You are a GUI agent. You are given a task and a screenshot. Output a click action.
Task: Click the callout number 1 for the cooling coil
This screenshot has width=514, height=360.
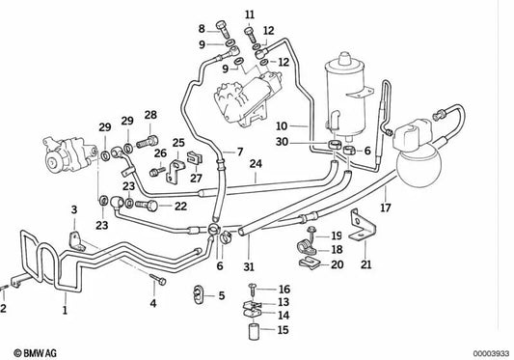65,311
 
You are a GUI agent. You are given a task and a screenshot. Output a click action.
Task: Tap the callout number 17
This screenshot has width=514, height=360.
385,206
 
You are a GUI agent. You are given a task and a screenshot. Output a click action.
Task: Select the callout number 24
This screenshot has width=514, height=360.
255,164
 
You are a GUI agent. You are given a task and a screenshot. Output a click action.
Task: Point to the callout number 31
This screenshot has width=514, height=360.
248,267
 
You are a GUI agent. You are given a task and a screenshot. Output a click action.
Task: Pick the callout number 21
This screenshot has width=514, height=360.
365,265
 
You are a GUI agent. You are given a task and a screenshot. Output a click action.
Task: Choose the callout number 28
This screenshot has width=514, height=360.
149,116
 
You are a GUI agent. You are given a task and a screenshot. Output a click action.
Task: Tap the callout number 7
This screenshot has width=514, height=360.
240,152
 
